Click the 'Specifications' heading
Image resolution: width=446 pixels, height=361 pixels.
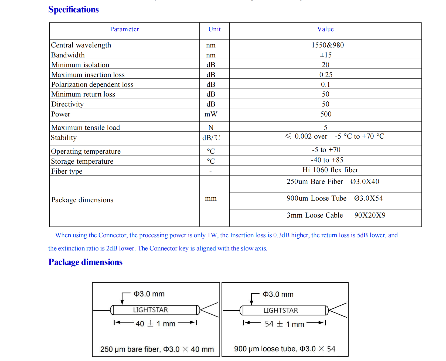point(73,10)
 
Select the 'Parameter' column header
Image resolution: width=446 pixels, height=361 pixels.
point(124,29)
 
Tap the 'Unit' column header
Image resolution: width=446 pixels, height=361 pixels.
point(215,29)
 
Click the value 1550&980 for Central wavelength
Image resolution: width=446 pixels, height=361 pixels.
point(328,45)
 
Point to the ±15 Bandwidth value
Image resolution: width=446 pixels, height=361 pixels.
point(326,55)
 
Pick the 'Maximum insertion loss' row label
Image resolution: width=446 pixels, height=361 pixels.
point(88,75)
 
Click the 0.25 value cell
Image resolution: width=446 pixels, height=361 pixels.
point(326,75)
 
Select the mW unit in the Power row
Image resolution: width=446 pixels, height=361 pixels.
point(211,114)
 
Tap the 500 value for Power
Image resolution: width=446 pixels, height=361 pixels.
point(326,114)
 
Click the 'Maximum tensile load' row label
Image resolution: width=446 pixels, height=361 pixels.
point(86,128)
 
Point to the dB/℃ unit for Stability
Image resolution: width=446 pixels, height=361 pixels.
point(211,138)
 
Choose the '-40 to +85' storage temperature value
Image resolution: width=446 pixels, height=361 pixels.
point(327,160)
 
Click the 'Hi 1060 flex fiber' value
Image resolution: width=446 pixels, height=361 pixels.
point(330,170)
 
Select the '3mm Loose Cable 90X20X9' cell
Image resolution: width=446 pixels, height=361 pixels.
point(336,215)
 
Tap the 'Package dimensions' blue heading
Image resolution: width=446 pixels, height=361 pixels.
point(85,262)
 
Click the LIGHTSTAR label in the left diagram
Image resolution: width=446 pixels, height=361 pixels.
point(151,310)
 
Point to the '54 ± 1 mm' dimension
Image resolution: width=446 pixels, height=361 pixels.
point(284,324)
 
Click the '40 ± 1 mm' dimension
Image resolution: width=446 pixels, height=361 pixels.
point(155,324)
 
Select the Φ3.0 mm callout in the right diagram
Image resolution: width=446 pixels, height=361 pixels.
point(278,294)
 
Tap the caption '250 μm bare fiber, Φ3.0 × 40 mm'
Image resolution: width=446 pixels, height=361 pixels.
point(157,349)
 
